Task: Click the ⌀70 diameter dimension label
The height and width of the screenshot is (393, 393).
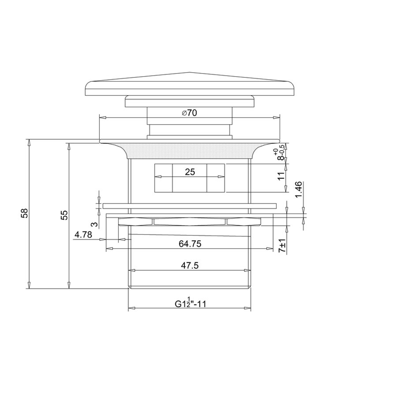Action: click(189, 113)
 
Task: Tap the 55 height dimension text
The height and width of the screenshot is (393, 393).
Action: click(64, 215)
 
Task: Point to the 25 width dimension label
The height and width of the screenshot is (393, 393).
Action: click(190, 172)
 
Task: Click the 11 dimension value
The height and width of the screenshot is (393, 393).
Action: click(281, 176)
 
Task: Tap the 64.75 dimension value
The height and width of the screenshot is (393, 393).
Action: click(190, 244)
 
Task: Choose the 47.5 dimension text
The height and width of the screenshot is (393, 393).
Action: click(190, 266)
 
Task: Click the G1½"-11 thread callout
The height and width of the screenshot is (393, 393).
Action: click(190, 303)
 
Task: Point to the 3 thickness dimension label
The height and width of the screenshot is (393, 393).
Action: click(94, 224)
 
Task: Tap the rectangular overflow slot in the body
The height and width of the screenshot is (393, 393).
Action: click(190, 178)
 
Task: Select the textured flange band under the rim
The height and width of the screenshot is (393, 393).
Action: click(190, 150)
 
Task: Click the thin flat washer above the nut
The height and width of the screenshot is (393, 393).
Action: click(190, 206)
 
